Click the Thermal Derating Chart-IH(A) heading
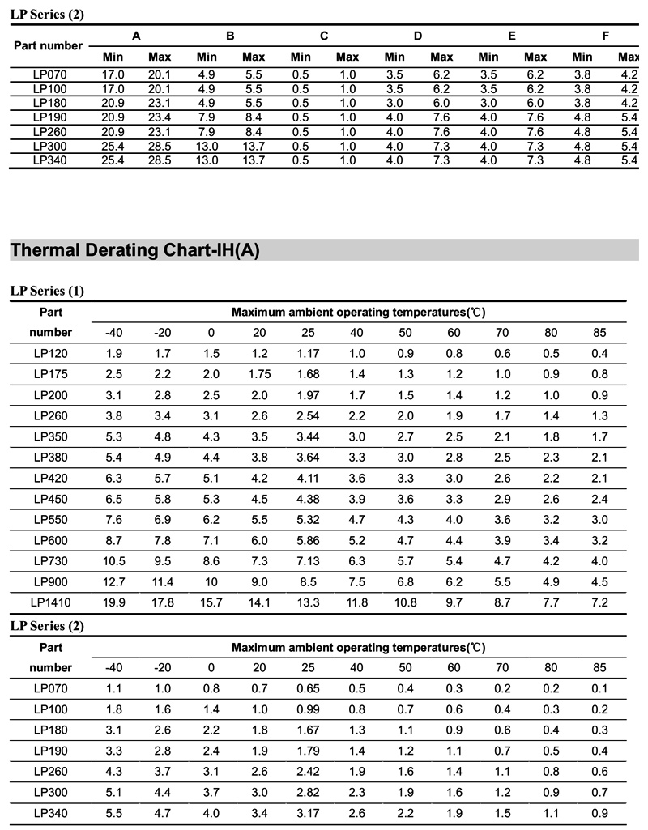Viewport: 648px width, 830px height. [x=134, y=250]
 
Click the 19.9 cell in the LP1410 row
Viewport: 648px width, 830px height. [x=114, y=602]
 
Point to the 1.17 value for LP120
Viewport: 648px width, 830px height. [x=308, y=353]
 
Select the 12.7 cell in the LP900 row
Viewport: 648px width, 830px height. [x=114, y=581]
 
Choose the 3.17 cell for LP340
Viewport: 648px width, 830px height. [x=308, y=812]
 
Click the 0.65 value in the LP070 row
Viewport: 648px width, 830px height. [x=308, y=688]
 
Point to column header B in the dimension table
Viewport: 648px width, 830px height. [x=230, y=36]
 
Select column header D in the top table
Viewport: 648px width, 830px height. [x=418, y=36]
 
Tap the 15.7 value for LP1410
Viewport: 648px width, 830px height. [x=211, y=602]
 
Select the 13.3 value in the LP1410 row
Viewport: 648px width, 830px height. [x=308, y=602]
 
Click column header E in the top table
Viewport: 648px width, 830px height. [x=512, y=36]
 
